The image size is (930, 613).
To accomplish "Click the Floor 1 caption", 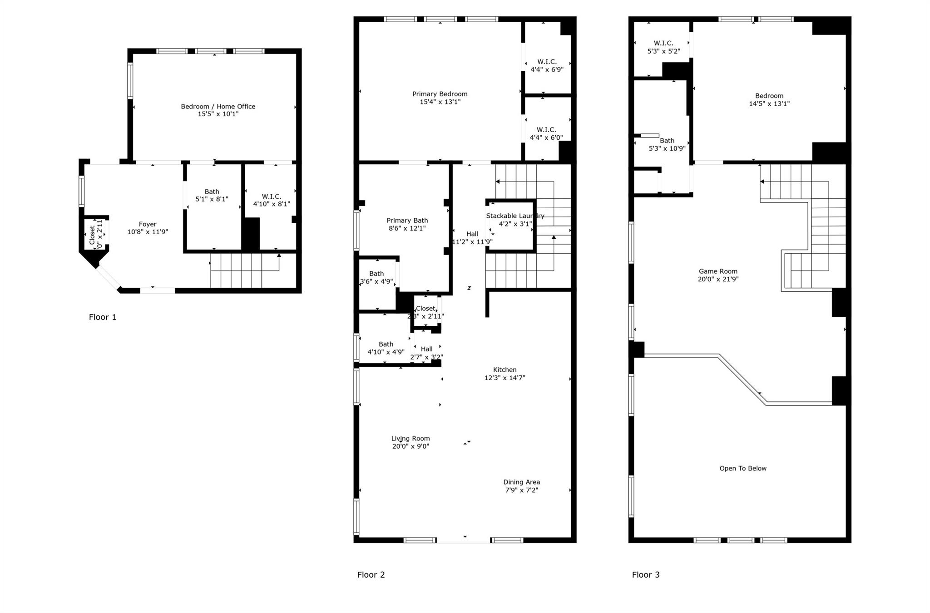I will tap(103, 317).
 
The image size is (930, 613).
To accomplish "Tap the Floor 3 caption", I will tap(645, 575).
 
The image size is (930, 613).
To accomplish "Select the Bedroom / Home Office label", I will tap(218, 107).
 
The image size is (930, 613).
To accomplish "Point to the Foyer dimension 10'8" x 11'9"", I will tap(148, 232).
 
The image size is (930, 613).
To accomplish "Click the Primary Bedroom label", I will tap(440, 94).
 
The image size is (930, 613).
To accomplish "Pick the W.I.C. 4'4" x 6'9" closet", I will tap(547, 66).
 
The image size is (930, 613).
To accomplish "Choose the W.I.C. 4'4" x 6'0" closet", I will tap(546, 134).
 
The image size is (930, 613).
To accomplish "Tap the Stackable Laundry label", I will tap(515, 216).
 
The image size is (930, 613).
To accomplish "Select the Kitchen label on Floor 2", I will tap(505, 370).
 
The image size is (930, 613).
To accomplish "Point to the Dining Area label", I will tap(521, 482).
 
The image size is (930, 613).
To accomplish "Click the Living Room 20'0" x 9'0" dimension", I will tap(411, 446).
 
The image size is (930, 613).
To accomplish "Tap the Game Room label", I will tap(718, 271).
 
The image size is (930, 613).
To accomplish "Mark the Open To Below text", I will tap(742, 469).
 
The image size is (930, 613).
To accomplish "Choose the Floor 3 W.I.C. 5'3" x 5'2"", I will tap(663, 47).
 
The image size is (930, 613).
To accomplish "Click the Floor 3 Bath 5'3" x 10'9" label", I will tap(667, 144).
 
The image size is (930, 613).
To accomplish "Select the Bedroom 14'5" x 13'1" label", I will tap(769, 100).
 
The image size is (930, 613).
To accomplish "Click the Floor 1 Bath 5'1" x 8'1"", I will tap(212, 196).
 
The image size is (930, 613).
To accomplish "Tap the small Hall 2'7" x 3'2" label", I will tap(426, 353).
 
